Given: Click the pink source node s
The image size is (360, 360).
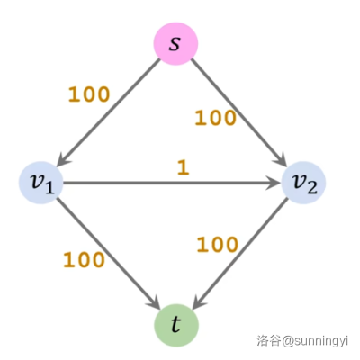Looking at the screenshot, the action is [x=176, y=44].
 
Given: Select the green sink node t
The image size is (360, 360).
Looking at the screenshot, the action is [x=176, y=325].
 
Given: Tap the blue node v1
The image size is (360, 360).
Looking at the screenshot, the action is [x=41, y=183].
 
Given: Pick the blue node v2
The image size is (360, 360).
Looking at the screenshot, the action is [x=303, y=183].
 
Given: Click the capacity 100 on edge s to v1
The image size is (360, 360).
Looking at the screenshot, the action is [x=89, y=94].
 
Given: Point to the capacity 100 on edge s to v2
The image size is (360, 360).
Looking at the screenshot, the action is [x=215, y=118].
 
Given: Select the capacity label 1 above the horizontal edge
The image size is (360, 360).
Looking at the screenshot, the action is [x=184, y=167].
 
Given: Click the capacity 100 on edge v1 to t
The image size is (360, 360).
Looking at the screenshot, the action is [x=84, y=260].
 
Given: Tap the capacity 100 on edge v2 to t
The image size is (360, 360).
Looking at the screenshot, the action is [x=218, y=245].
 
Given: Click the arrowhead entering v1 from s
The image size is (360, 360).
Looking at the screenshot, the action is [x=63, y=159].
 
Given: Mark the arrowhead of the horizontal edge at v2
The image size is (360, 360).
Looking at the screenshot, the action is [x=274, y=183].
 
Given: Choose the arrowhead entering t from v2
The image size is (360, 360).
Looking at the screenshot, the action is [x=199, y=301].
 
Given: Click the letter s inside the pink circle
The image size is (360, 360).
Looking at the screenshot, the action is [x=175, y=44].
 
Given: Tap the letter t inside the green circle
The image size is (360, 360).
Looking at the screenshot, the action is [x=176, y=324].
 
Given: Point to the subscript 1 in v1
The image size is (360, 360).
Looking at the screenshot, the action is [x=49, y=188].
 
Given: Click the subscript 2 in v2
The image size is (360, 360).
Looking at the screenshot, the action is [x=312, y=188].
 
